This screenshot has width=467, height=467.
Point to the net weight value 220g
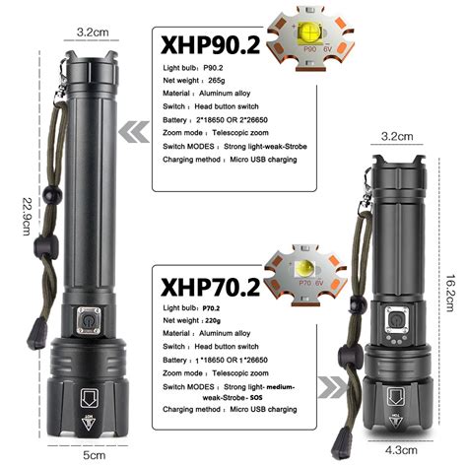click(226, 321)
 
